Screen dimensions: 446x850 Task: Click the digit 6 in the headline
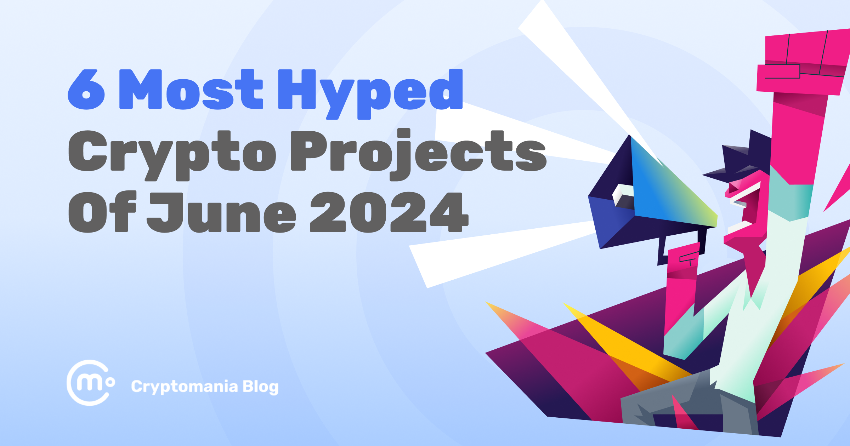[86, 90]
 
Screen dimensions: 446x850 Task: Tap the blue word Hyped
[370, 91]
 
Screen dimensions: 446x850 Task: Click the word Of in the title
[102, 212]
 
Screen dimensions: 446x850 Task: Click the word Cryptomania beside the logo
[184, 387]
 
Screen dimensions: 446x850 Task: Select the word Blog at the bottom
[261, 387]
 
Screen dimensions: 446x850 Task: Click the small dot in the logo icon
[110, 382]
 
